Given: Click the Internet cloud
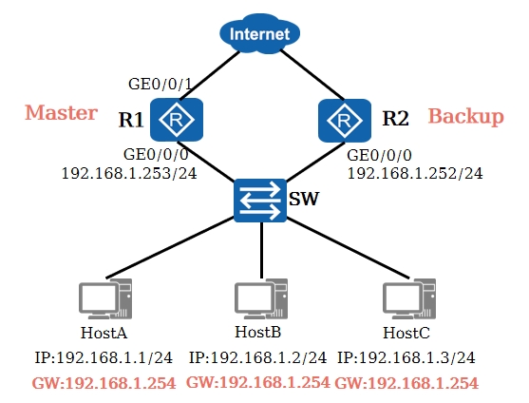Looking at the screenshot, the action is (259, 34).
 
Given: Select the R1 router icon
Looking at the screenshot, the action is (177, 120).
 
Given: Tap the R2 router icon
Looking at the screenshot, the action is (345, 121).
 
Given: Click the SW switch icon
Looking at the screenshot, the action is (260, 201).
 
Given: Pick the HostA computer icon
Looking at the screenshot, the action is (105, 298).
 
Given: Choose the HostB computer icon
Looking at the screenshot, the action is (261, 298).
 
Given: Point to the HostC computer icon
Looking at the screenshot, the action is (409, 298).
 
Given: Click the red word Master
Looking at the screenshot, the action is (61, 113).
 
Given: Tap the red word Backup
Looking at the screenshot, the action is (466, 117).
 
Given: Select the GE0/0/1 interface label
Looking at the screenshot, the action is (160, 84).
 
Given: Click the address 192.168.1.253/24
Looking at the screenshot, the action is (129, 174).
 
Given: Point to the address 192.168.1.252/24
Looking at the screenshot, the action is (415, 174).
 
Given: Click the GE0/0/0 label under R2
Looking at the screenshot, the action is (379, 155).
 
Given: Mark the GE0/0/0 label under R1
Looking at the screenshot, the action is (156, 155).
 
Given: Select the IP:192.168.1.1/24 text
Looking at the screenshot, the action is (104, 357).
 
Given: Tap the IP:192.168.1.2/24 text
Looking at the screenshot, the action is (257, 357).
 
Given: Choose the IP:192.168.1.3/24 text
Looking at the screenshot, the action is (406, 357).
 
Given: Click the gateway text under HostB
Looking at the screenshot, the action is (258, 382).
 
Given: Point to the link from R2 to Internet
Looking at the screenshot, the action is (312, 75).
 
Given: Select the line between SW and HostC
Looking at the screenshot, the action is (348, 248).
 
